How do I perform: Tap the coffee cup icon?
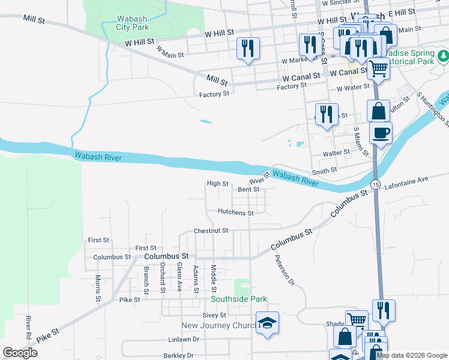pyautogui.click(x=381, y=132)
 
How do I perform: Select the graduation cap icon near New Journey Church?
pyautogui.click(x=267, y=323)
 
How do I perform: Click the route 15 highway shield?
pyautogui.click(x=375, y=184)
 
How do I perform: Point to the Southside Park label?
pyautogui.click(x=238, y=299)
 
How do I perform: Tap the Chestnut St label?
pyautogui.click(x=211, y=230)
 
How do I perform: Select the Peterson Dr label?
pyautogui.click(x=285, y=270)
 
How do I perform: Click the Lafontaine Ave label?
pyautogui.click(x=407, y=179)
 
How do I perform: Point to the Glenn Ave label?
pyautogui.click(x=179, y=277)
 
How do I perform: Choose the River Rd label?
pyautogui.click(x=28, y=326)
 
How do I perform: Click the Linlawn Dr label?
pyautogui.click(x=183, y=339)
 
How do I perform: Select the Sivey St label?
pyautogui.click(x=214, y=315)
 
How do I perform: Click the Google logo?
pyautogui.click(x=20, y=353)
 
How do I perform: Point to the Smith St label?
pyautogui.click(x=324, y=170)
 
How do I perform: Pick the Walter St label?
pyautogui.click(x=336, y=152)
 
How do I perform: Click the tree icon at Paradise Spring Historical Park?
pyautogui.click(x=443, y=56)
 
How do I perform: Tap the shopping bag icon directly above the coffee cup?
pyautogui.click(x=378, y=111)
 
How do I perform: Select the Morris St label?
pyautogui.click(x=98, y=288)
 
